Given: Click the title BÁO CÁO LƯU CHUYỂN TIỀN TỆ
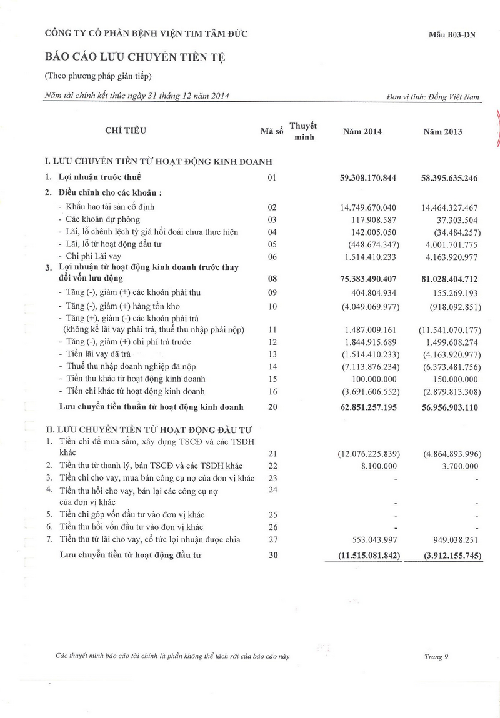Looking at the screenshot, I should (134, 57).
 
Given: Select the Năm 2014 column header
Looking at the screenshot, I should (362, 132).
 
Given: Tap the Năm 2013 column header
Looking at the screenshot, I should (442, 132).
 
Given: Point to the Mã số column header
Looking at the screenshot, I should (272, 132).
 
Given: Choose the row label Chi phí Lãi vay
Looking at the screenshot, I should (97, 256).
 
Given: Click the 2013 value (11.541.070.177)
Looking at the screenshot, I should (448, 329).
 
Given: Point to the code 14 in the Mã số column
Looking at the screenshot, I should (272, 366).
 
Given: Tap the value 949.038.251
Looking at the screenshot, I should (450, 539).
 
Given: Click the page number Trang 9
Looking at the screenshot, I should (436, 656).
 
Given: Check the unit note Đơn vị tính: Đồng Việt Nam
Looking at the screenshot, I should (433, 98).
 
